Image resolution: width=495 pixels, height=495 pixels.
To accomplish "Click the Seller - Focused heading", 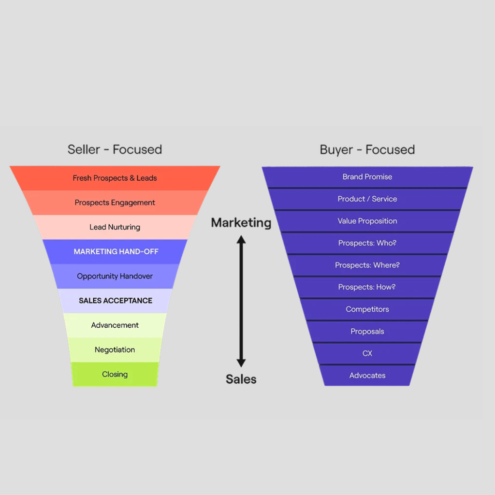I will point(115,149).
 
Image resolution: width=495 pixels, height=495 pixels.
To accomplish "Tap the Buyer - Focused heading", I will point(367,149).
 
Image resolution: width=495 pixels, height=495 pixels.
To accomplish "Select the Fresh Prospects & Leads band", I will point(115,178).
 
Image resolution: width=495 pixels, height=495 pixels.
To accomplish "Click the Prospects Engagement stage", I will point(115,203).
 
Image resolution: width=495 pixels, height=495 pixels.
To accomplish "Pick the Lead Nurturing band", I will point(115,227).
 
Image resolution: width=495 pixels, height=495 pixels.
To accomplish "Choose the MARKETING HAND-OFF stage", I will point(116,251).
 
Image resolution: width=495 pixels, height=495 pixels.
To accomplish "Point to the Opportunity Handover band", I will point(115,276).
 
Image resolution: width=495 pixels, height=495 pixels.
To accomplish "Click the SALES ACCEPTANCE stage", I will point(115,301).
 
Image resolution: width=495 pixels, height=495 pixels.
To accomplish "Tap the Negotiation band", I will point(115,349).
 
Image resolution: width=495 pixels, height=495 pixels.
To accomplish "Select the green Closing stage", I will point(115,374).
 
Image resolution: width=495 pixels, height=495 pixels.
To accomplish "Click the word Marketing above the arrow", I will point(241,223).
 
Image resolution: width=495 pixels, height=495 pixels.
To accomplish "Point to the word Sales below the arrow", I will point(241,379).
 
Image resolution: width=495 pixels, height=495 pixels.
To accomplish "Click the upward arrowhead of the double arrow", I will point(241,239).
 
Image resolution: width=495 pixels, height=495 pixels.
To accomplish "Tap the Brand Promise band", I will point(367,177).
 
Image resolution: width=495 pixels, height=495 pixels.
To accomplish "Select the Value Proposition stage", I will point(367,221).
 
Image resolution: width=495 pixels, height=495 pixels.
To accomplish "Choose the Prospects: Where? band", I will point(367,265).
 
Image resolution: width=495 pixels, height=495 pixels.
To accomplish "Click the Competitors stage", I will point(367,309).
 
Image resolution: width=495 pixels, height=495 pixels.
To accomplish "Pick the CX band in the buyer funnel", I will point(367,353).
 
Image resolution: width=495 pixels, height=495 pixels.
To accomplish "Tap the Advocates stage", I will point(367,376).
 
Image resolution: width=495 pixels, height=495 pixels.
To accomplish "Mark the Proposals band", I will point(367,332).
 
